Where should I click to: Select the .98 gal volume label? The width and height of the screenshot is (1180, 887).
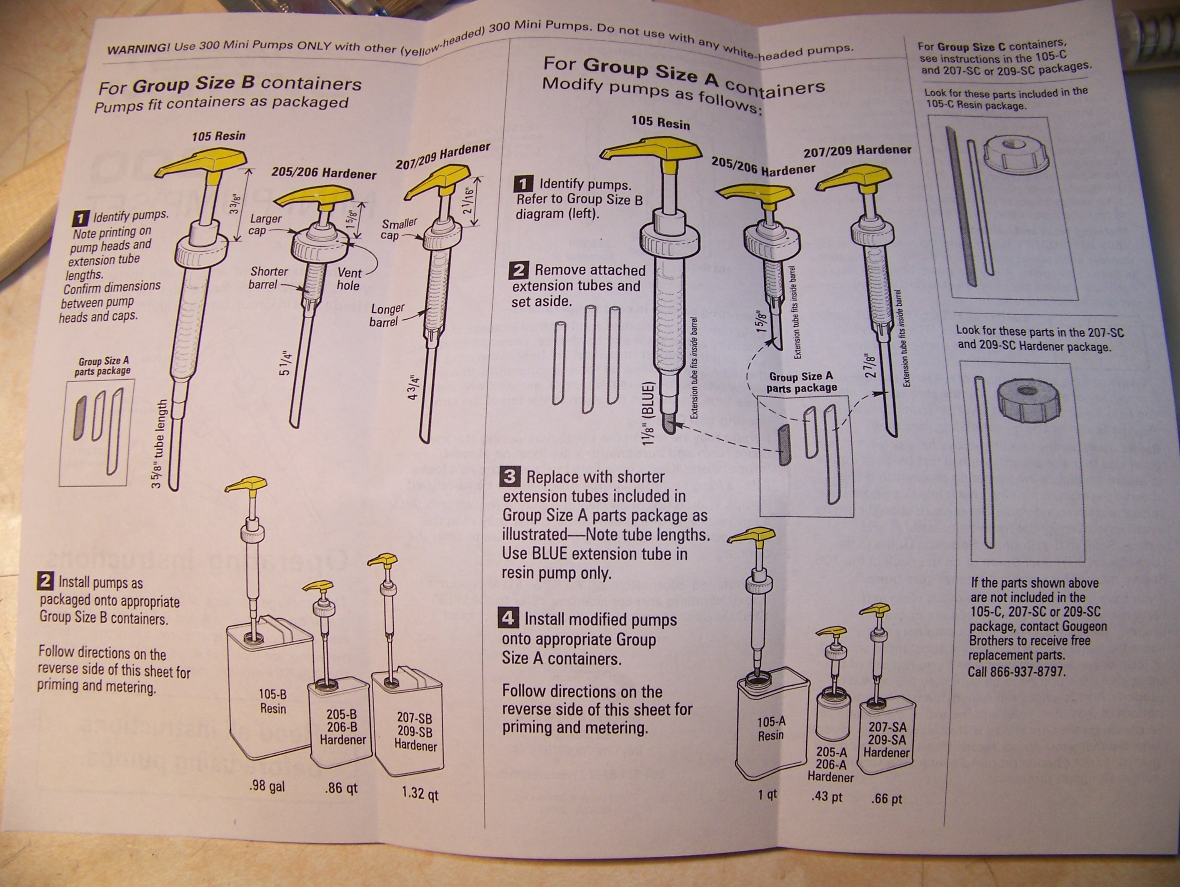pyautogui.click(x=267, y=786)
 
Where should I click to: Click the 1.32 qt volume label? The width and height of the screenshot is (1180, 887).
pyautogui.click(x=420, y=793)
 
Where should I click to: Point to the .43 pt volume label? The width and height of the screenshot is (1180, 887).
pyautogui.click(x=827, y=796)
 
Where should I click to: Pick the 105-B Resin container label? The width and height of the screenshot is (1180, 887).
pyautogui.click(x=272, y=701)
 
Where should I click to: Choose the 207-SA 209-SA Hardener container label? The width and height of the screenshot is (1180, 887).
pyautogui.click(x=887, y=740)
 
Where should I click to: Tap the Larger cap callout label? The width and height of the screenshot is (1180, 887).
pyautogui.click(x=265, y=224)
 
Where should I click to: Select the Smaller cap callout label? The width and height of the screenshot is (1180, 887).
pyautogui.click(x=398, y=229)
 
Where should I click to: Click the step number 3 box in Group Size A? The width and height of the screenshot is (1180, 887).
pyautogui.click(x=510, y=476)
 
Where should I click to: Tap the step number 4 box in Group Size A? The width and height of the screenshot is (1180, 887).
pyautogui.click(x=508, y=618)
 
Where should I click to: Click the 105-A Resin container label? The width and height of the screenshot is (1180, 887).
pyautogui.click(x=771, y=729)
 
